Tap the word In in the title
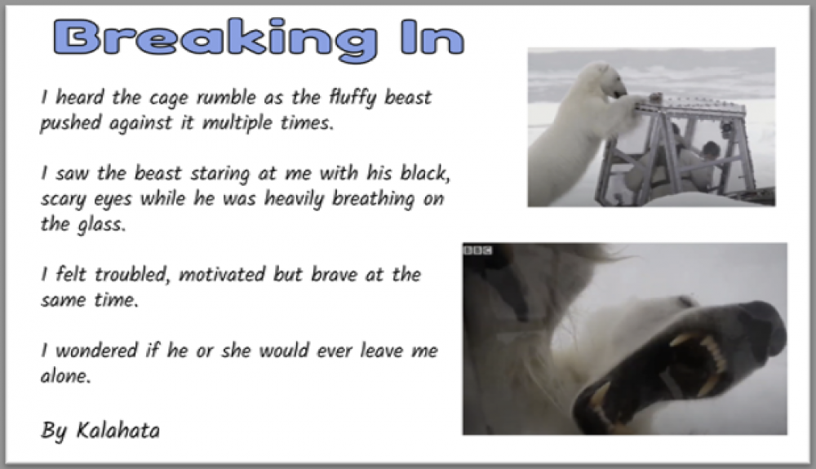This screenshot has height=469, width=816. pyautogui.click(x=432, y=37)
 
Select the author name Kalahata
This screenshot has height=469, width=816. pyautogui.click(x=118, y=431)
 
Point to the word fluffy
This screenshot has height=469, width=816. pyautogui.click(x=352, y=98)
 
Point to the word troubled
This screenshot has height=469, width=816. pyautogui.click(x=132, y=274)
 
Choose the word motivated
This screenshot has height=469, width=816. pyautogui.click(x=222, y=275)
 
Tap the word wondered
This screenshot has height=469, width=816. pyautogui.click(x=96, y=351)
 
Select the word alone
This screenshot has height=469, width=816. pyautogui.click(x=65, y=376)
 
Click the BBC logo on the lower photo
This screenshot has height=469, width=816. pyautogui.click(x=477, y=250)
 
